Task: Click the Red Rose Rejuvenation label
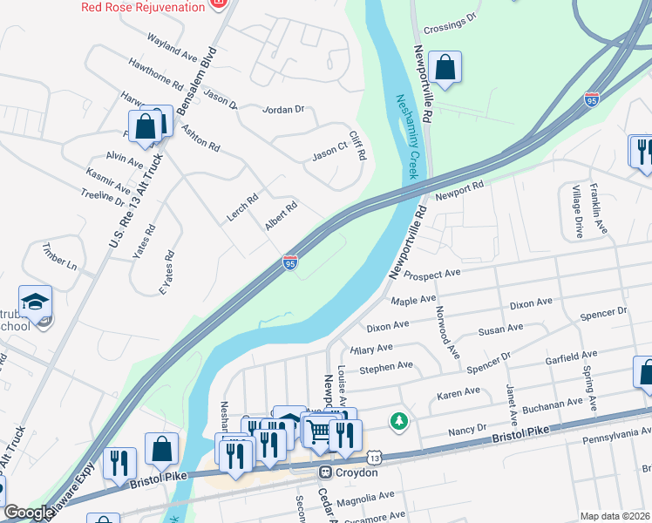(x=143, y=6)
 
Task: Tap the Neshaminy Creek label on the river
(x=408, y=137)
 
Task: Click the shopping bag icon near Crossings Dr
(x=445, y=67)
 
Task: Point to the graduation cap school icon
(x=36, y=302)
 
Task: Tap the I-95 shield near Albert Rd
(x=290, y=261)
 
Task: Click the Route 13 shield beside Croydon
(x=374, y=458)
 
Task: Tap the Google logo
(x=28, y=513)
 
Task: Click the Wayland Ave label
(x=173, y=47)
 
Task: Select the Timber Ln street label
(x=60, y=255)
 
